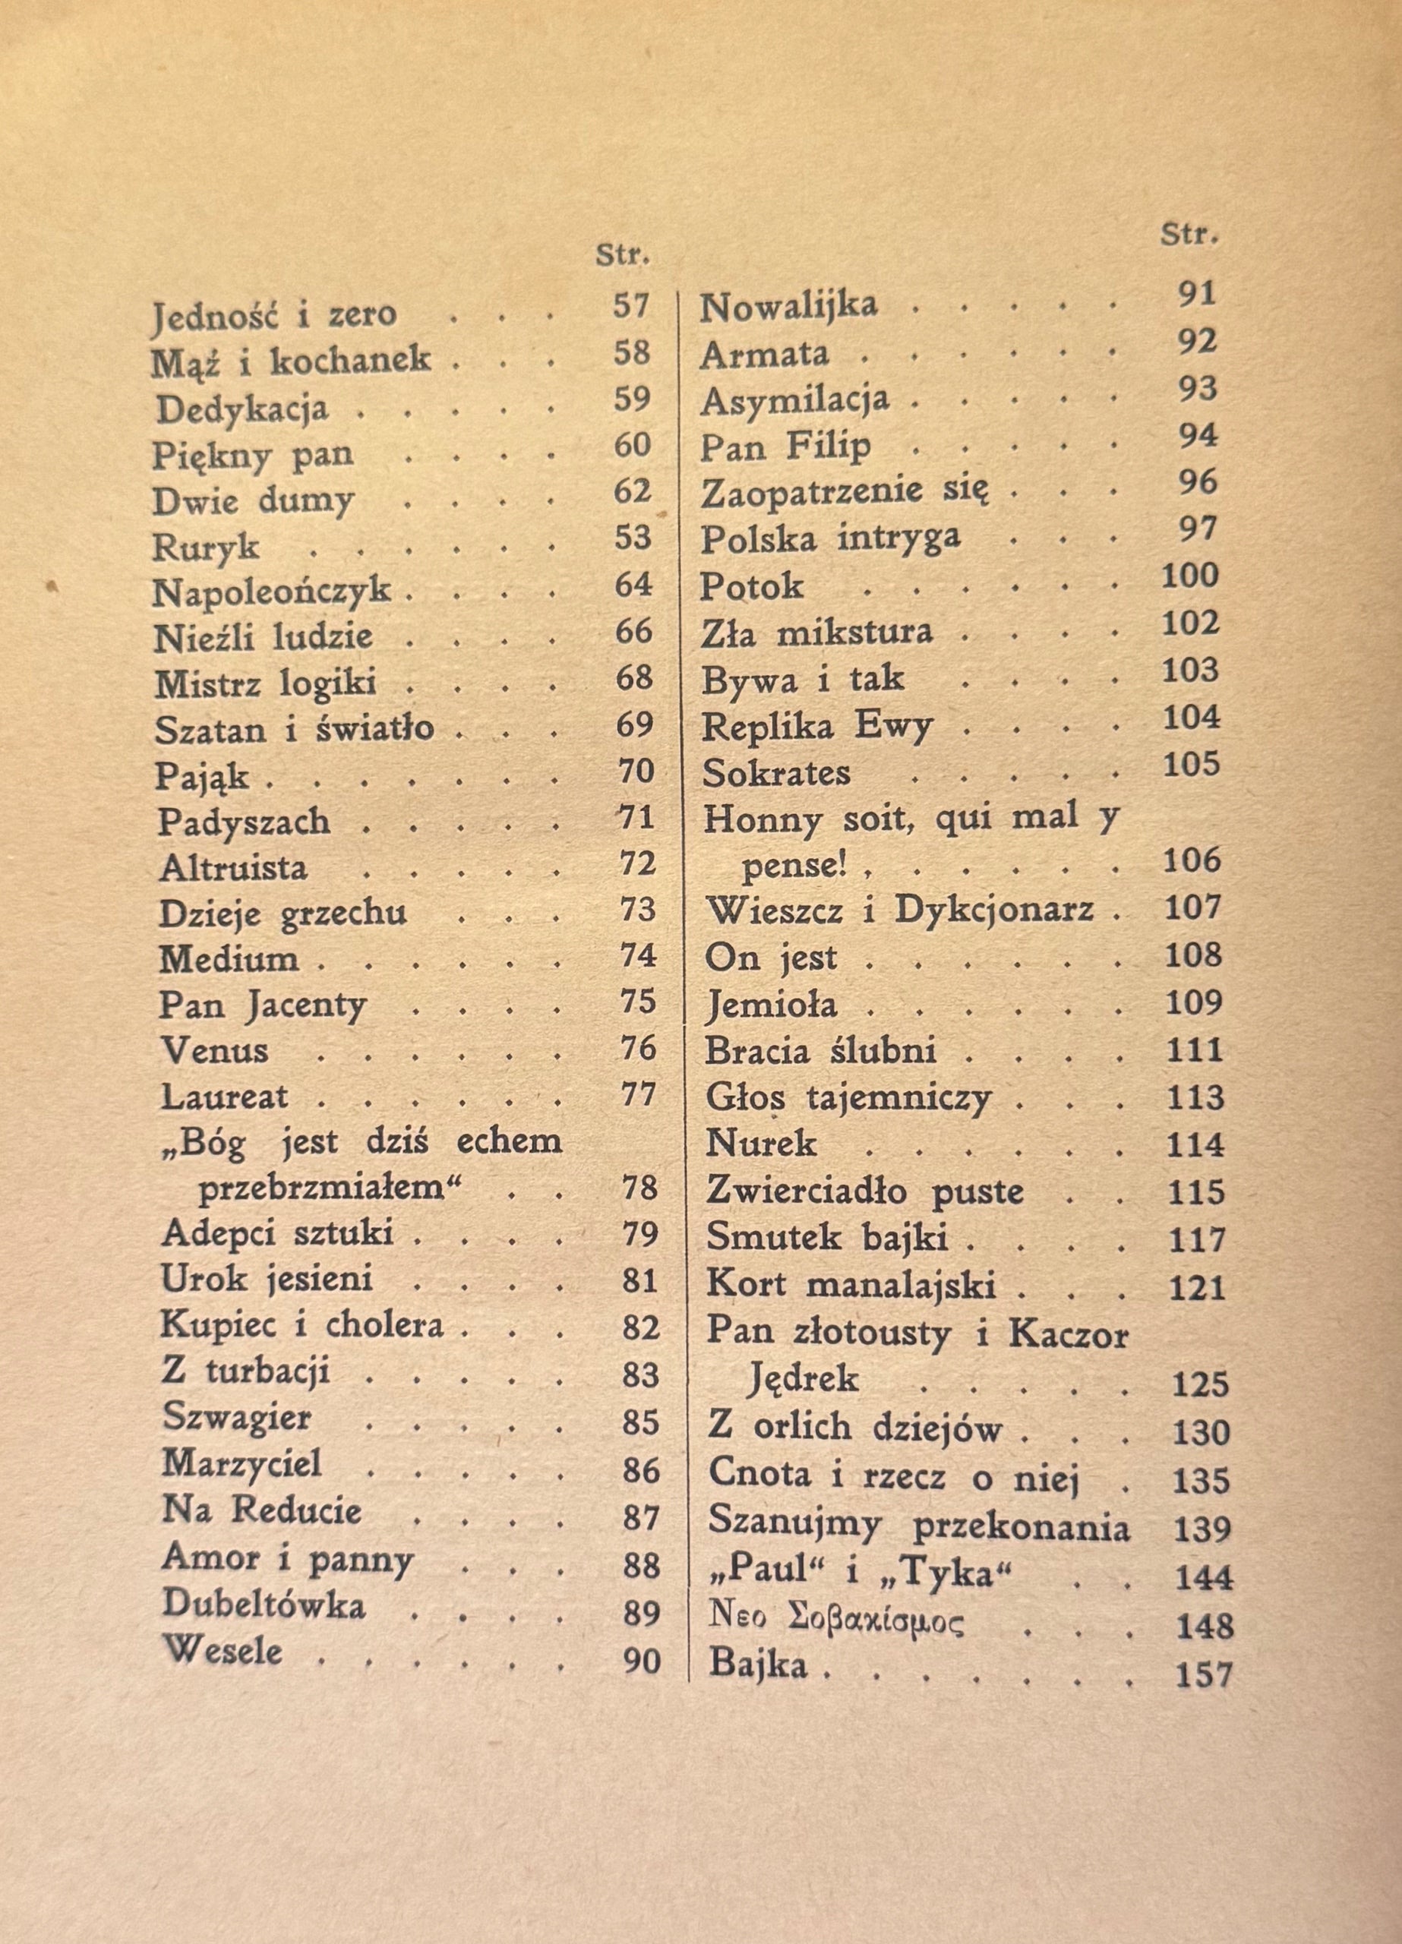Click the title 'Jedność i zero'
[273, 314]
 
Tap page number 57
[632, 306]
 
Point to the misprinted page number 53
[633, 538]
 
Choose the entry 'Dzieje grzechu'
[283, 914]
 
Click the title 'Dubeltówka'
[264, 1605]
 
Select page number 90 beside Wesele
[642, 1662]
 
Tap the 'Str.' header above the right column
[1189, 234]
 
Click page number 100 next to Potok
[1189, 575]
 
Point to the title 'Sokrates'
[776, 773]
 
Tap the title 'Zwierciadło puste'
[864, 1191]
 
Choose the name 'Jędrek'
[803, 1379]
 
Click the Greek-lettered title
[835, 1623]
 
